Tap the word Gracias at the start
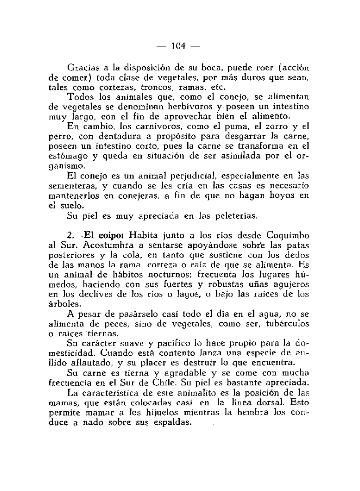(82, 67)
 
